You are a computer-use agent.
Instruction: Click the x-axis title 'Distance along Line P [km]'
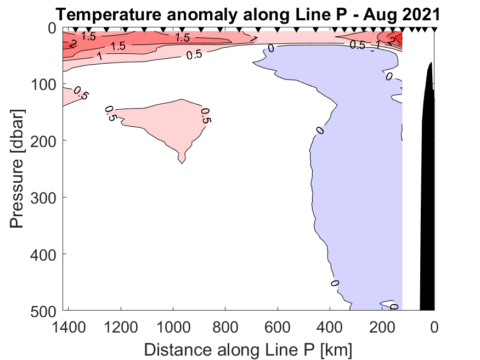point(248,348)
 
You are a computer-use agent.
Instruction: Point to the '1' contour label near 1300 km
point(99,56)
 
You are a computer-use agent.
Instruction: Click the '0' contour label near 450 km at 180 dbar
point(319,130)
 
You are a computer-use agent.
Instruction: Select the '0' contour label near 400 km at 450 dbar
point(335,283)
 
